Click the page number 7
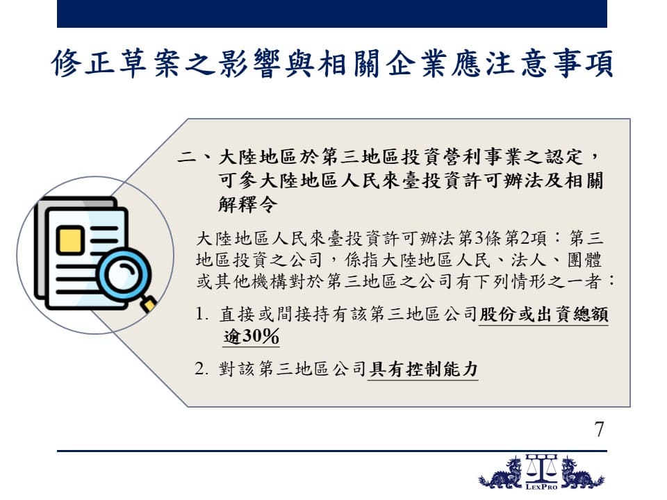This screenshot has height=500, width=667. click(x=600, y=429)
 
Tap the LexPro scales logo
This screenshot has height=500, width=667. click(x=541, y=472)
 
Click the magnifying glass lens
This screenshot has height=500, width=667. click(x=124, y=274)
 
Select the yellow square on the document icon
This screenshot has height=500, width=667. click(x=69, y=241)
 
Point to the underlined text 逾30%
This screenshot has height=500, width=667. click(x=251, y=336)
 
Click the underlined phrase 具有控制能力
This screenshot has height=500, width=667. click(x=423, y=369)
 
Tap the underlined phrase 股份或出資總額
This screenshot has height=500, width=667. click(x=543, y=315)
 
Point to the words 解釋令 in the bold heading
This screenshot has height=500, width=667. click(x=247, y=204)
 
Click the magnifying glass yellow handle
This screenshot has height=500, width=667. click(x=149, y=304)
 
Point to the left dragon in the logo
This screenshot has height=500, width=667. click(x=502, y=473)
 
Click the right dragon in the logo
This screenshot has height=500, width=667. click(x=581, y=473)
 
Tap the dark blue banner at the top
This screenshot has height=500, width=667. click(x=332, y=14)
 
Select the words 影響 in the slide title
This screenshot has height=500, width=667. click(x=250, y=64)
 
